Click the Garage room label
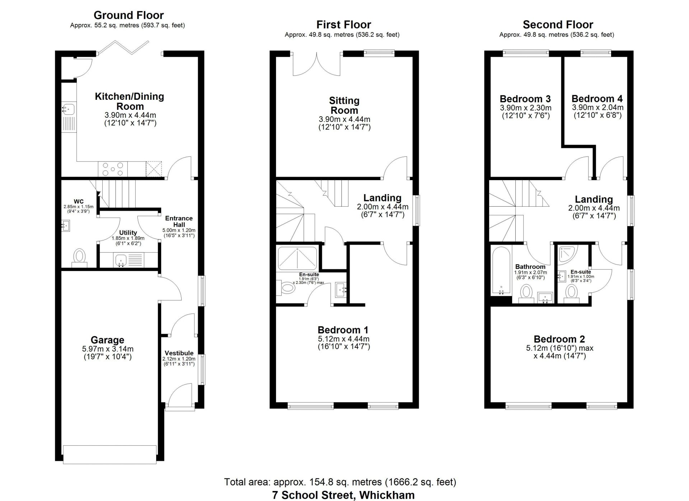[107, 340]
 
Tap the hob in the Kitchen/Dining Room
[113, 169]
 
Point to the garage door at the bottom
[110, 455]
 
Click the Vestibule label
[179, 353]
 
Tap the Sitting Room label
[344, 106]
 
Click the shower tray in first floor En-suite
[297, 258]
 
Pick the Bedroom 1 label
[343, 330]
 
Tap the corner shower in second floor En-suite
[567, 254]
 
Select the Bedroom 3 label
[525, 99]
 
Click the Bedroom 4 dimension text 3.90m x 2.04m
[597, 107]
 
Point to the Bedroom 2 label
[559, 339]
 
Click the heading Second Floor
[558, 24]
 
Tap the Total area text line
[340, 482]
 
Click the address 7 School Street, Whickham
[343, 495]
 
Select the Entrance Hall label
[179, 221]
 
